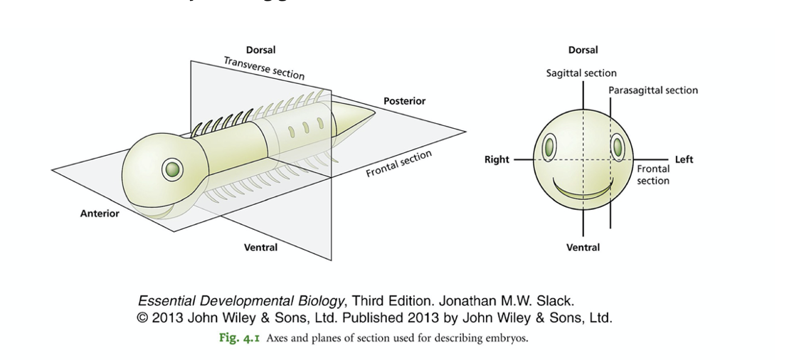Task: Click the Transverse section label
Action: [x=264, y=68]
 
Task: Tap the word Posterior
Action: [x=404, y=101]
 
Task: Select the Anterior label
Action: [x=100, y=213]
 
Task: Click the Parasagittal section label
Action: [x=652, y=90]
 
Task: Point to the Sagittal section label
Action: [x=581, y=73]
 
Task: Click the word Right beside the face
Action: [x=497, y=159]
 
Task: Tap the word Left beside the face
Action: [x=684, y=159]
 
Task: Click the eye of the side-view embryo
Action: [x=172, y=169]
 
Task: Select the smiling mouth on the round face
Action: [x=583, y=191]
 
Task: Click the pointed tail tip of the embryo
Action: [x=374, y=112]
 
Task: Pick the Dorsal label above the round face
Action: [x=583, y=50]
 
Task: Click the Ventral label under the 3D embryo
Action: [x=261, y=247]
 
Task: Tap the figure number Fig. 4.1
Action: [x=239, y=338]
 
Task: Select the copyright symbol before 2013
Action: [x=142, y=318]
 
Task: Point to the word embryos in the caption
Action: [x=509, y=338]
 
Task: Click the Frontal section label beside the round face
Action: [x=652, y=175]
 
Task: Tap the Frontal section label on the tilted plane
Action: [x=399, y=163]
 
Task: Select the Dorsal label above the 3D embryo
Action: [x=261, y=50]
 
